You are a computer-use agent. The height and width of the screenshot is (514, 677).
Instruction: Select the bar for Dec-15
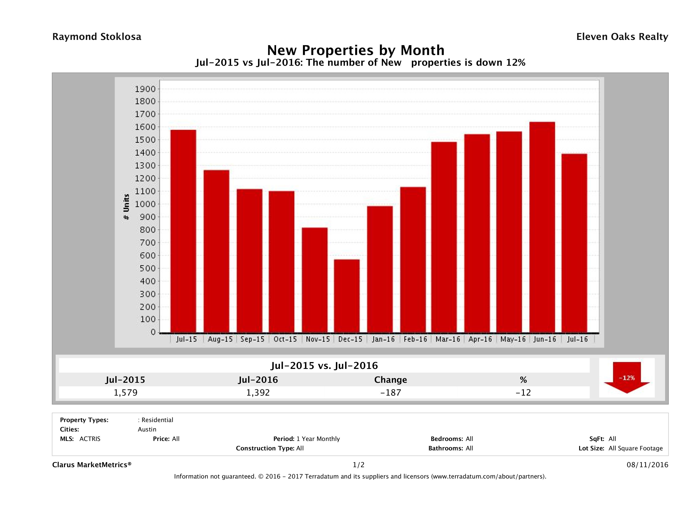click(347, 296)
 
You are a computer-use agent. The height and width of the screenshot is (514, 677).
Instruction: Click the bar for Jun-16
click(542, 227)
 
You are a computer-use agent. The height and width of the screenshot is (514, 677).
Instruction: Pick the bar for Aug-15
click(216, 251)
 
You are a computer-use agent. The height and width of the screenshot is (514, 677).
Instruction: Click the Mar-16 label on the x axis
click(448, 339)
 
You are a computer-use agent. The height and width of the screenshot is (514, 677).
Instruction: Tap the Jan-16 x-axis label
click(383, 339)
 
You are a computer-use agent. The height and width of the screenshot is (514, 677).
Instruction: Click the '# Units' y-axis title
click(126, 207)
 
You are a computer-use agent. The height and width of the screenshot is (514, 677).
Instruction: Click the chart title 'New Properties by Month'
click(356, 50)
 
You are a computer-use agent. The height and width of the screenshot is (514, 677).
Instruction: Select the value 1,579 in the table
click(125, 392)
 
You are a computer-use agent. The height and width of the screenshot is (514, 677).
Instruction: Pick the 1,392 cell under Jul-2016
click(258, 392)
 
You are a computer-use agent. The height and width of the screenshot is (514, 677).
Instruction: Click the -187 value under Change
click(391, 392)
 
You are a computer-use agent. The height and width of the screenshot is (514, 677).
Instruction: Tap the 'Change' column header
click(391, 380)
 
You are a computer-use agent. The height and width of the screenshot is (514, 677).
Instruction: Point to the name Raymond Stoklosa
click(97, 37)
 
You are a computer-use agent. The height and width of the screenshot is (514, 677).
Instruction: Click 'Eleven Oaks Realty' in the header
click(622, 37)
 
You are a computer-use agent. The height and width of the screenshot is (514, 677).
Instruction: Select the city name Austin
click(147, 429)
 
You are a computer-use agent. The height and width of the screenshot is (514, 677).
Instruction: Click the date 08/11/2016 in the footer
click(647, 465)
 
